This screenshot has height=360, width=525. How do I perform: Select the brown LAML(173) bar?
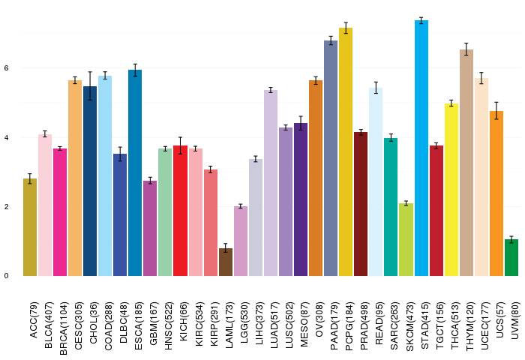pos(226,262)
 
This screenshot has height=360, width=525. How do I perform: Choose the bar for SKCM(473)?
pos(406,239)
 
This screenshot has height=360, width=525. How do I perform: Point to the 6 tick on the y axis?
pos(6,68)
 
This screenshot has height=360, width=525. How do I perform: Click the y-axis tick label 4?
pos(6,138)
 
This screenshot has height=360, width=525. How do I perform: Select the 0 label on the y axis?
pos(6,276)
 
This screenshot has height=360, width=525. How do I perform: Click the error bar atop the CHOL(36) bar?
pos(90,85)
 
